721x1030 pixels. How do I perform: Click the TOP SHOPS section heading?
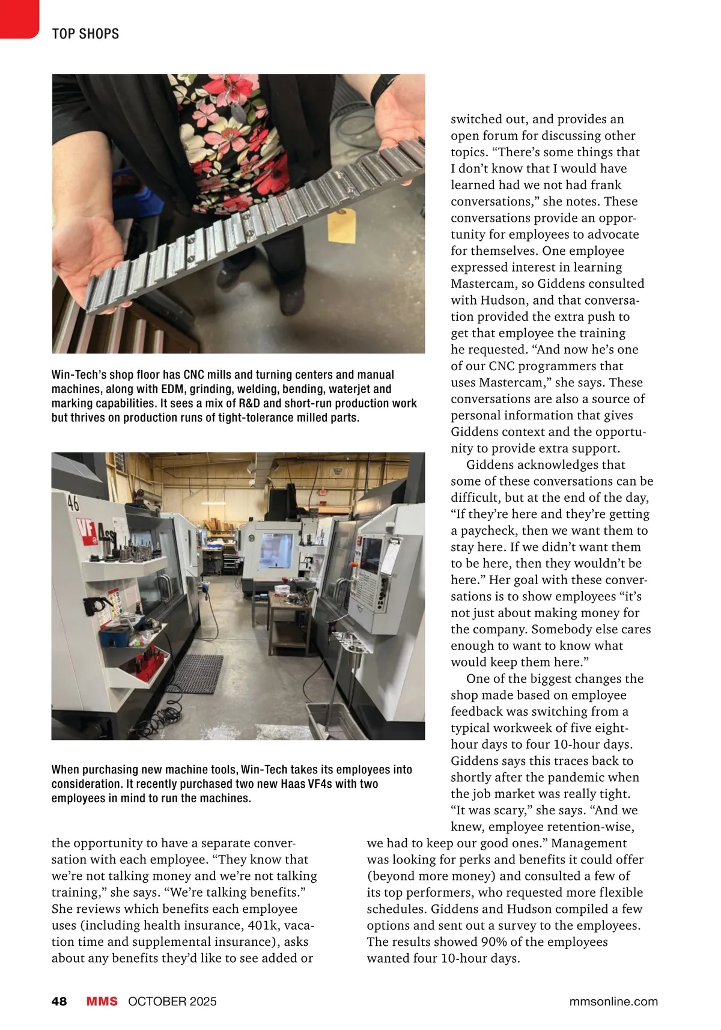coord(85,34)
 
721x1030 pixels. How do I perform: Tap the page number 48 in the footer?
coord(59,1001)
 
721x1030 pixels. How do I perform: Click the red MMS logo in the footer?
coord(102,1001)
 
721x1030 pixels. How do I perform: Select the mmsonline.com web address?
coord(613,1001)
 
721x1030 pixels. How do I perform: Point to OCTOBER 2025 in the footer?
coord(172,1001)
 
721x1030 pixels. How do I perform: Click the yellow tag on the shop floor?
coord(342,224)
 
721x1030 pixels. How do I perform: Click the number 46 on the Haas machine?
coord(73,502)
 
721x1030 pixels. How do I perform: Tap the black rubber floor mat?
coord(193,674)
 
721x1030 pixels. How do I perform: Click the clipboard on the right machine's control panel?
coord(391,553)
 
